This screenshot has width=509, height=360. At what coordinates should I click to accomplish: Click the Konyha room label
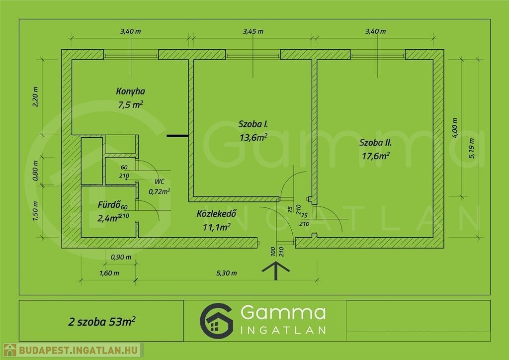pyautogui.click(x=131, y=91)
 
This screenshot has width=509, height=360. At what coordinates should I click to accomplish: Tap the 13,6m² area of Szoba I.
pyautogui.click(x=253, y=137)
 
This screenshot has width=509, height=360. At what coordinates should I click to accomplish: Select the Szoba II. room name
pyautogui.click(x=375, y=143)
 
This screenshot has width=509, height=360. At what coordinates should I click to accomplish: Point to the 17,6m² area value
pyautogui.click(x=376, y=156)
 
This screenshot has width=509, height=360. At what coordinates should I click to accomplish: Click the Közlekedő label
pyautogui.click(x=216, y=214)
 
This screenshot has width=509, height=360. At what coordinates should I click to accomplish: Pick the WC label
pyautogui.click(x=160, y=181)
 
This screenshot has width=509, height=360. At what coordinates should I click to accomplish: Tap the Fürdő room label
pyautogui.click(x=109, y=204)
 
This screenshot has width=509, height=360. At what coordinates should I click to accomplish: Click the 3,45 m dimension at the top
pyautogui.click(x=253, y=31)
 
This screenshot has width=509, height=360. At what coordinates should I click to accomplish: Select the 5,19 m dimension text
pyautogui.click(x=471, y=148)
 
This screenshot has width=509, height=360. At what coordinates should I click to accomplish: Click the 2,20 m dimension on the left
pyautogui.click(x=35, y=97)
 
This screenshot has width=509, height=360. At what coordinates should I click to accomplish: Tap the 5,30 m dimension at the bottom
pyautogui.click(x=227, y=273)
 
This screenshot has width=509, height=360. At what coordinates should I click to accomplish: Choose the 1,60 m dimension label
pyautogui.click(x=109, y=273)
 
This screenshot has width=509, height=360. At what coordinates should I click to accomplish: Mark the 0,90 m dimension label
pyautogui.click(x=121, y=257)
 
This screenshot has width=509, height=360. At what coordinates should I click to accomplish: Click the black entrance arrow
pyautogui.click(x=275, y=270)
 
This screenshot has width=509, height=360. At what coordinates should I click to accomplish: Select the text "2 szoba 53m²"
pyautogui.click(x=102, y=321)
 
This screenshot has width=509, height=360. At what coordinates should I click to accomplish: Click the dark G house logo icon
pyautogui.click(x=217, y=321)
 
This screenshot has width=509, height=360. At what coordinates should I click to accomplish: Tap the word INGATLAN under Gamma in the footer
pyautogui.click(x=283, y=331)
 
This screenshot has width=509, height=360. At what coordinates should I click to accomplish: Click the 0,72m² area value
pyautogui.click(x=160, y=191)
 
